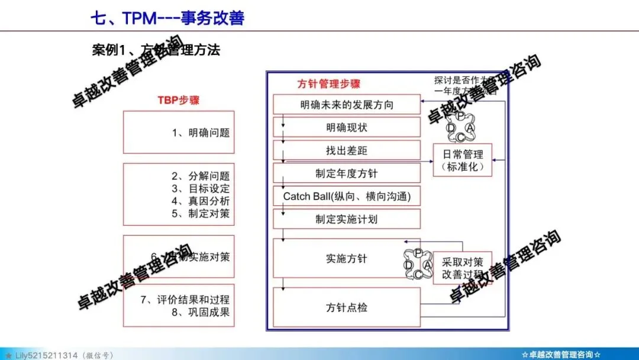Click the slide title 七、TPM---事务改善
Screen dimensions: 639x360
click(x=167, y=18)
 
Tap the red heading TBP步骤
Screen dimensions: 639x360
click(x=178, y=100)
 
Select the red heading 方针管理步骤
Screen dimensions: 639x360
click(x=328, y=84)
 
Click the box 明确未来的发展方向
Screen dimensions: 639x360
click(x=346, y=105)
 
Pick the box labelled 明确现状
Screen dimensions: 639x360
click(x=346, y=127)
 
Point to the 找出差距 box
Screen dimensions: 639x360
click(x=346, y=150)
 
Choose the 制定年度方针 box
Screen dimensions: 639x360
click(x=346, y=173)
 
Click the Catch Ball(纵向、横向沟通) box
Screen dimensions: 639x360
click(x=346, y=196)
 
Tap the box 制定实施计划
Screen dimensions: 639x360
click(x=346, y=219)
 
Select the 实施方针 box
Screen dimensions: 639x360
click(x=346, y=258)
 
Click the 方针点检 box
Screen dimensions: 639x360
click(x=346, y=307)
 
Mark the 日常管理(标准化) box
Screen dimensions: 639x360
click(x=463, y=160)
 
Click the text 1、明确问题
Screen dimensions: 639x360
click(x=201, y=133)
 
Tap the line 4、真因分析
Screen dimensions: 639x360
click(x=201, y=201)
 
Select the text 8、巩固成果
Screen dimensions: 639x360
click(x=201, y=312)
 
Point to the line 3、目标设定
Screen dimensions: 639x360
click(x=201, y=189)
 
